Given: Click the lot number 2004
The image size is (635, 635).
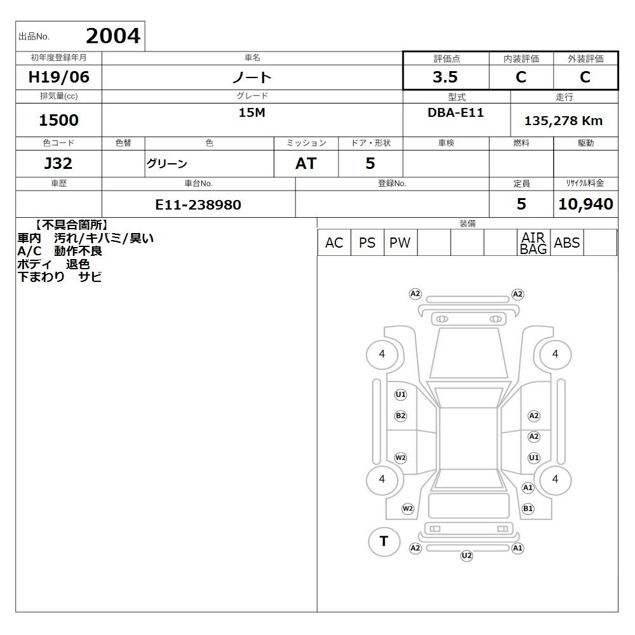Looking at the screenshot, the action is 113,36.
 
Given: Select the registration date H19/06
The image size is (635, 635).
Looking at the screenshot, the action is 58,77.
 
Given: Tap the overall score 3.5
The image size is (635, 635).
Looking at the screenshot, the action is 445,77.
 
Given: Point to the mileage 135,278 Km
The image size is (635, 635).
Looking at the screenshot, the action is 563,121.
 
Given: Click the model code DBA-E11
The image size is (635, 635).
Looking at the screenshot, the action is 455,112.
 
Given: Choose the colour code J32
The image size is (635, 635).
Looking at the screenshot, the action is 58,163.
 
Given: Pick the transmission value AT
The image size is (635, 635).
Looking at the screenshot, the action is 306,163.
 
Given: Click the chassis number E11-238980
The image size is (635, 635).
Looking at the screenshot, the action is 198,204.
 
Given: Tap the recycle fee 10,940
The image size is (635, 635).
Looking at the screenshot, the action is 585,204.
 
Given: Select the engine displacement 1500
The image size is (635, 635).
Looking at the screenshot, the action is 58,120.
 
